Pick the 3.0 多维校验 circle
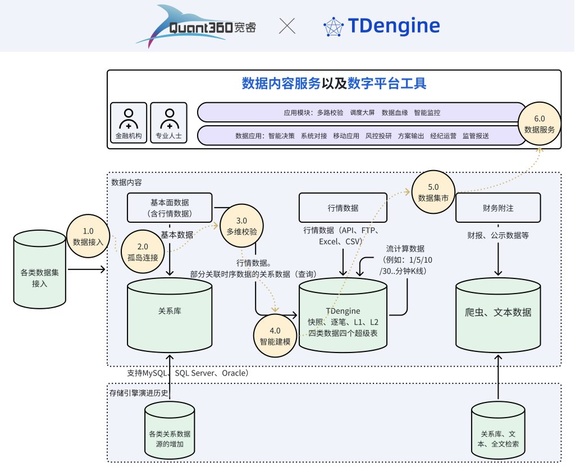(241, 226)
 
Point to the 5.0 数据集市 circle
(433, 192)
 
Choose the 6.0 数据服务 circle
(539, 124)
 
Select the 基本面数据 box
(170, 208)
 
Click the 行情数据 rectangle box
(343, 208)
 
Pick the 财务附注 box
(498, 208)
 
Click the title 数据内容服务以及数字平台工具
(334, 84)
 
